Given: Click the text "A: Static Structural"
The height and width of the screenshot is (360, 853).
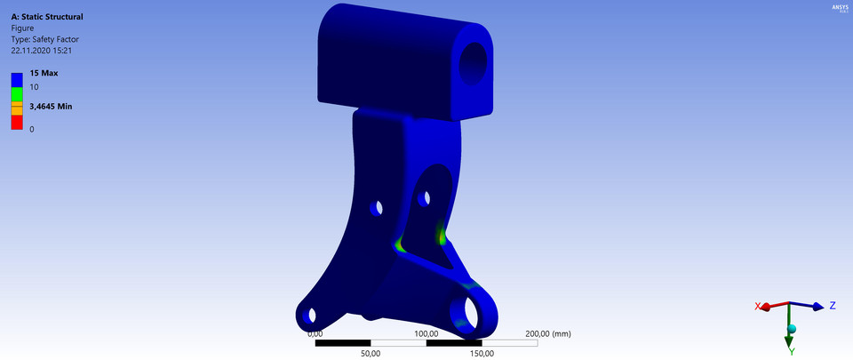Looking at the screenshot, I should [47, 16].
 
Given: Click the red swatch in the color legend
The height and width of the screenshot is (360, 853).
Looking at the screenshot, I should [16, 122].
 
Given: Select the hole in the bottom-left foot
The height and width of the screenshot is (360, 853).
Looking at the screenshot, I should [311, 316].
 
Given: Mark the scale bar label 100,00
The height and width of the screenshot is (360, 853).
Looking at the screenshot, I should [426, 334].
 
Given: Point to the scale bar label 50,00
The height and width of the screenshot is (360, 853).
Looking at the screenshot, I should [371, 353].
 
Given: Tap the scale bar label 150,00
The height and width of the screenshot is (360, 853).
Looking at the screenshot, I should [482, 353].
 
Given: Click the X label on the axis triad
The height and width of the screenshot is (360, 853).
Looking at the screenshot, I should [758, 306].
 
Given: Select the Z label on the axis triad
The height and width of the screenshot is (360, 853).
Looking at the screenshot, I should [833, 306].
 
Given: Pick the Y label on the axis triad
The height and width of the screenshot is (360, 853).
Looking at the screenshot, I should [790, 351].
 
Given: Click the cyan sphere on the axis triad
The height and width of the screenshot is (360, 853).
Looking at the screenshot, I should [792, 330].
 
